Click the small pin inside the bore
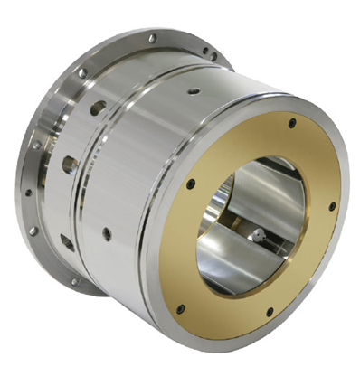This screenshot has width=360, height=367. [x=260, y=236]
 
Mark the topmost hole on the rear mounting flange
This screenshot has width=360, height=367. [x=152, y=38]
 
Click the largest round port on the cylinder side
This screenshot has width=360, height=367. [x=97, y=108]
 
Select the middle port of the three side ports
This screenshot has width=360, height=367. [x=70, y=165]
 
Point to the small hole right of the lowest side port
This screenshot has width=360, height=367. [x=106, y=234]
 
